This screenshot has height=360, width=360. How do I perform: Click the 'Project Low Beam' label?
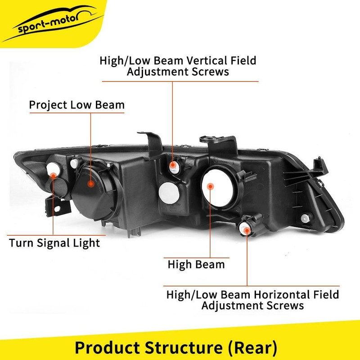pos(76,105)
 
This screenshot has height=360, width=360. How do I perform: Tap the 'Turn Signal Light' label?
pos(54,243)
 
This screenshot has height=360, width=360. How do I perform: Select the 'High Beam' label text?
pos(196,264)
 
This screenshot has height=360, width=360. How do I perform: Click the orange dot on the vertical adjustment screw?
pos(172,166)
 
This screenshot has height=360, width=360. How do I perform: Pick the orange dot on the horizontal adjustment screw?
pos(247,230)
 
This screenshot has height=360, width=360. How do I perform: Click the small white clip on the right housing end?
pos(306,218)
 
